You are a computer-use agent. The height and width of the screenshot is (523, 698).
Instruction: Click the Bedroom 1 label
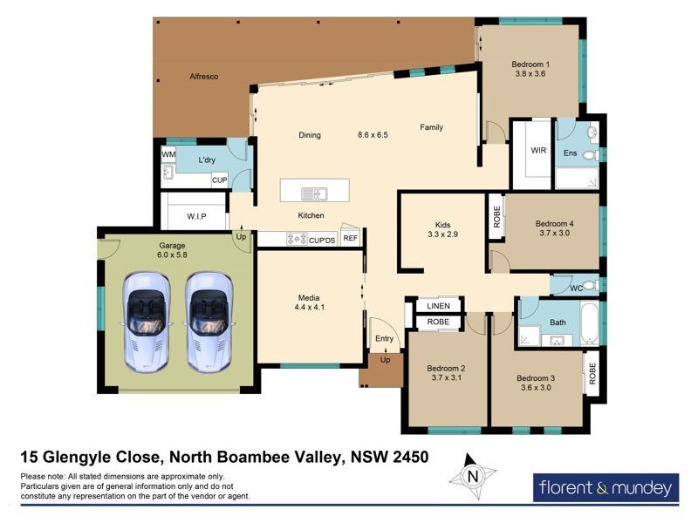click(530, 65)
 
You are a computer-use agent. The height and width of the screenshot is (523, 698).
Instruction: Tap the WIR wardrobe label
click(538, 150)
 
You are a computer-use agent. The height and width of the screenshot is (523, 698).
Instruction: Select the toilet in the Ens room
click(591, 156)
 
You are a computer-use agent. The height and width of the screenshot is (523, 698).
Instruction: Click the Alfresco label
click(203, 78)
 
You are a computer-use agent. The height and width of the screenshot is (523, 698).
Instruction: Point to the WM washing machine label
click(168, 155)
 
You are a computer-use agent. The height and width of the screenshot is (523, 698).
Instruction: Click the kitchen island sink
click(313, 193)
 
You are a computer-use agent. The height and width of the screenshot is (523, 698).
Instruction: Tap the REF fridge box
click(350, 237)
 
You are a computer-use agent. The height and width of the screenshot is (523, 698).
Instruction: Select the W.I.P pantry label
click(195, 216)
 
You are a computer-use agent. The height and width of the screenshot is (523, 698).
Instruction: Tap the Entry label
click(384, 338)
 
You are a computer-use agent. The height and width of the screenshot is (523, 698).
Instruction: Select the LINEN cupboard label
click(438, 306)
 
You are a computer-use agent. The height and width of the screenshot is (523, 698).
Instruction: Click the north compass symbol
click(473, 477)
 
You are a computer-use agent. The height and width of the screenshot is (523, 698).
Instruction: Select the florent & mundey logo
click(605, 486)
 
